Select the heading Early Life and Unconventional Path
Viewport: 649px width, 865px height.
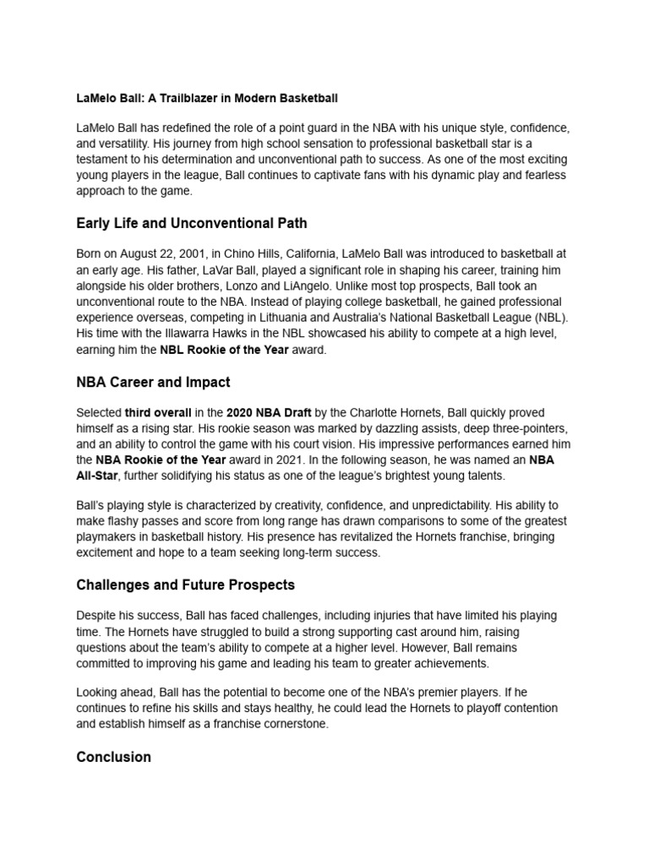click(192, 224)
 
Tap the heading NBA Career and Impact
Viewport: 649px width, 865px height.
click(153, 382)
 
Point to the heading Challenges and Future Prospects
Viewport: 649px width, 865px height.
click(185, 585)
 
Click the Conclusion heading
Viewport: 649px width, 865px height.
click(113, 757)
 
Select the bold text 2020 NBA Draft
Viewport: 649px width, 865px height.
click(269, 413)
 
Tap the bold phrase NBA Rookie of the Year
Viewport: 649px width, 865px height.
click(161, 460)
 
